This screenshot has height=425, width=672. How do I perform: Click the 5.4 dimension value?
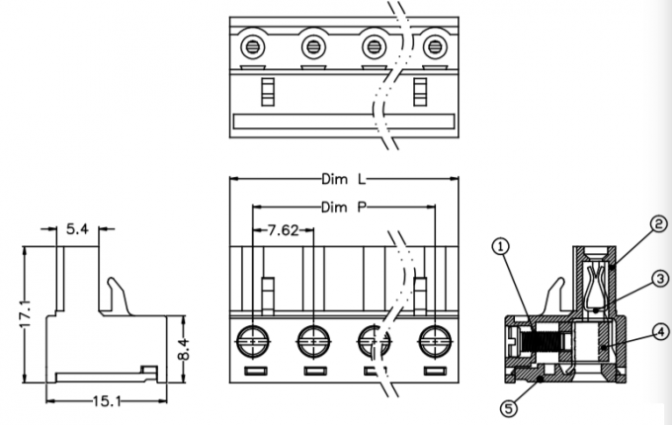[78, 229]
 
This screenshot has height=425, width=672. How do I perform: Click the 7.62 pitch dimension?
[284, 231]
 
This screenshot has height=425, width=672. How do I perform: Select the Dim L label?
[344, 180]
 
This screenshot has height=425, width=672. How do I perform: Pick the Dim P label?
[344, 208]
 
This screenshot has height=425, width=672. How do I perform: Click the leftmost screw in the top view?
[254, 45]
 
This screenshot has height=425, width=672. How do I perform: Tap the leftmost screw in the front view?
[254, 341]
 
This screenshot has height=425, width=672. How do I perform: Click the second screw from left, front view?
[314, 341]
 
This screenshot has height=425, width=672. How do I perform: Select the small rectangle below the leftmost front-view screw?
[254, 372]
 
